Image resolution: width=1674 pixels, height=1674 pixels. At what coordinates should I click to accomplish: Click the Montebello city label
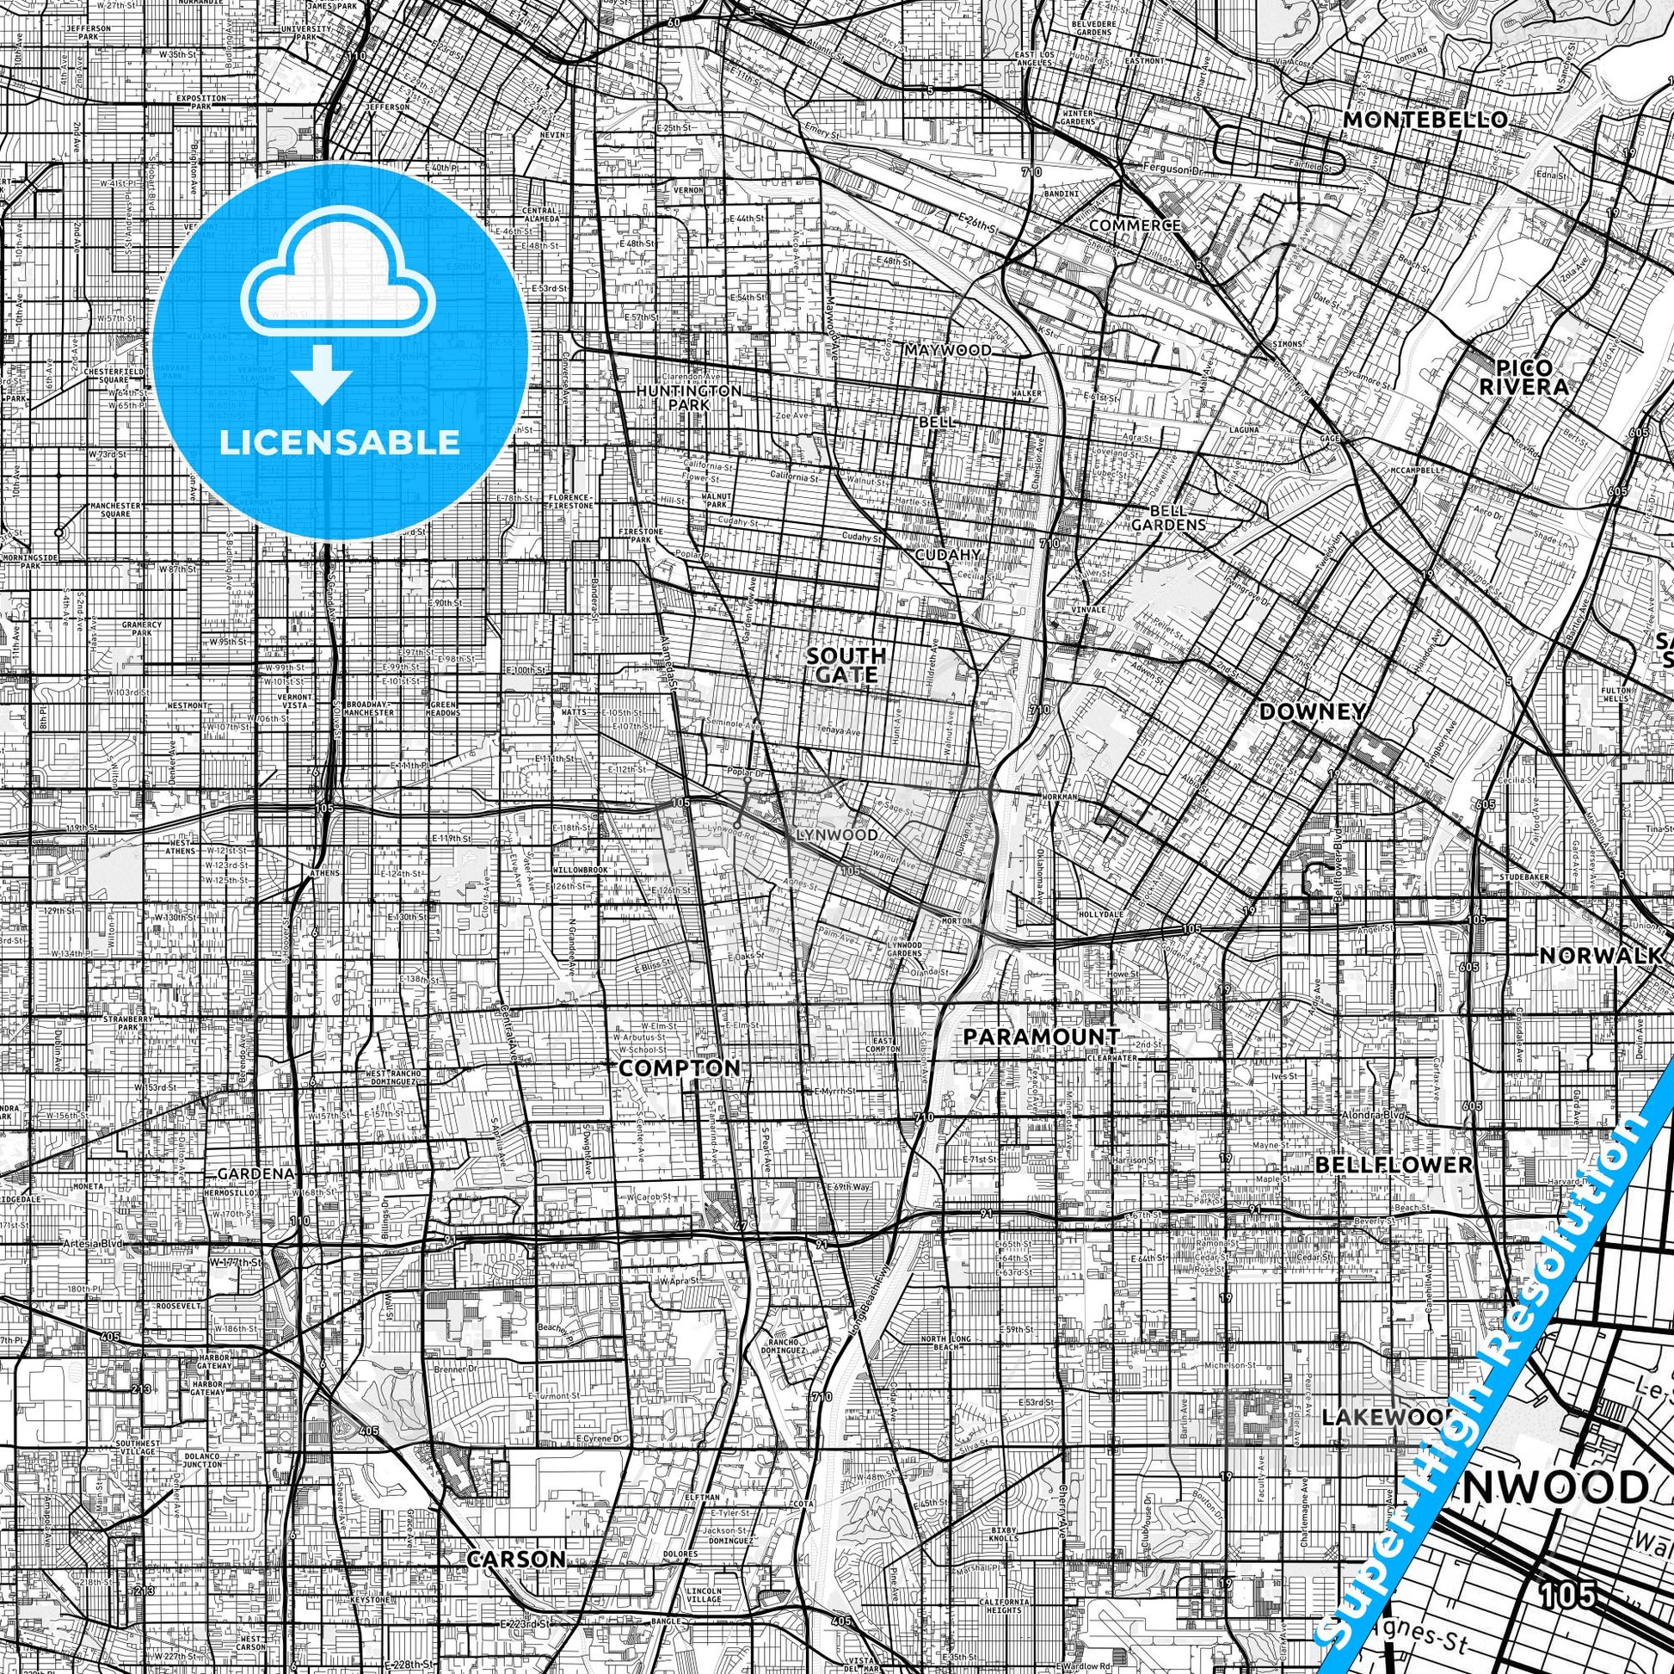[x=1425, y=120]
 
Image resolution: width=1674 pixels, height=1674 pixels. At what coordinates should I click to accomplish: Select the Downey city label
[x=1312, y=711]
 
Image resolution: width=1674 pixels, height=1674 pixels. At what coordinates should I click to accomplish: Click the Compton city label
[x=680, y=1068]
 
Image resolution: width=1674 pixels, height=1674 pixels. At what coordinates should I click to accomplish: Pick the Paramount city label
[x=1042, y=1037]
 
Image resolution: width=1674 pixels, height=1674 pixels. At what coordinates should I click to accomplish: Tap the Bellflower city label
[x=1394, y=1165]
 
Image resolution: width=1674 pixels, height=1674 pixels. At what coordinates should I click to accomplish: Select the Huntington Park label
[x=689, y=397]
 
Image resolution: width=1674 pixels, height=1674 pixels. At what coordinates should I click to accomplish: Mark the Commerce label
[x=1135, y=225]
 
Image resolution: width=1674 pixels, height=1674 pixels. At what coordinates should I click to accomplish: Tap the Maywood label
[x=948, y=350]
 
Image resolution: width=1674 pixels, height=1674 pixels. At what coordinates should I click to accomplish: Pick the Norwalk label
[x=1601, y=956]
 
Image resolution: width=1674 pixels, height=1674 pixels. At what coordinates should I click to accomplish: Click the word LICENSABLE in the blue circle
[x=340, y=443]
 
